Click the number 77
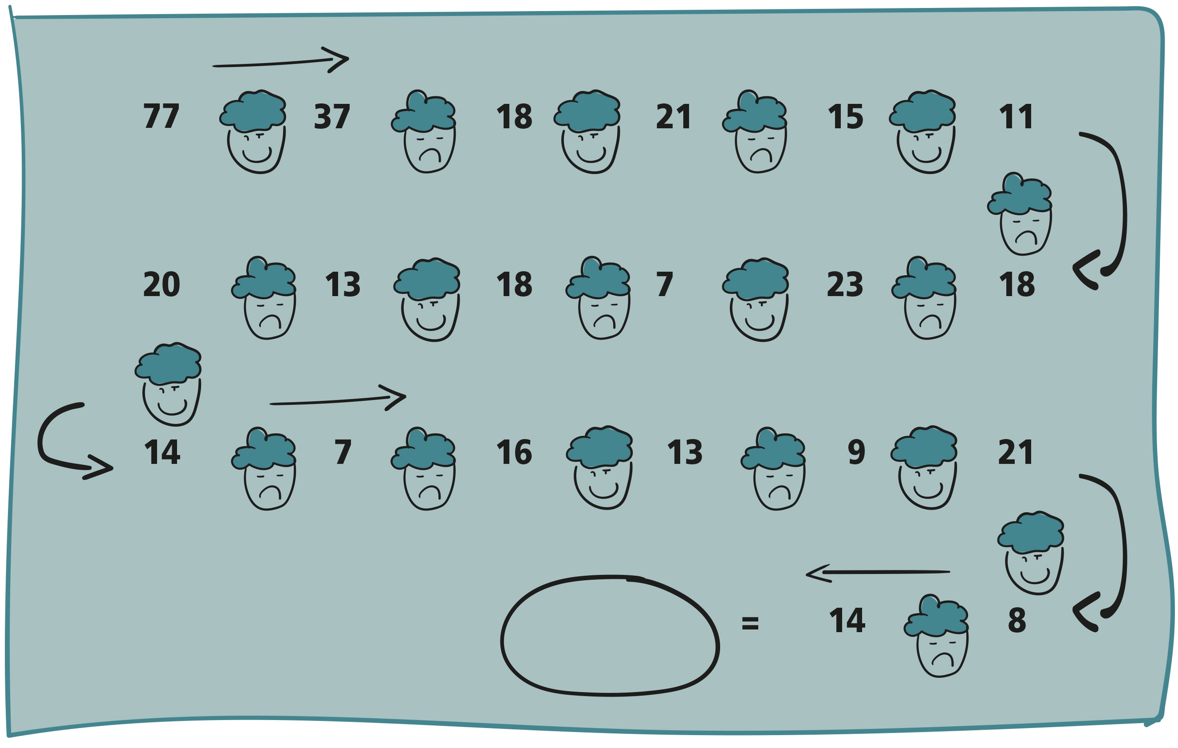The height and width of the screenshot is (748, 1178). [162, 116]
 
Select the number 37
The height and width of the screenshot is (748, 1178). [332, 116]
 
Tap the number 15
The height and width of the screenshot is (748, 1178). [845, 116]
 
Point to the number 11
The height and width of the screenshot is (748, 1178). [1016, 116]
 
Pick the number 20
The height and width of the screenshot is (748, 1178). [162, 284]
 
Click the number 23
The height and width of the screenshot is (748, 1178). [845, 284]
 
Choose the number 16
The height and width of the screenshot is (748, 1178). [514, 452]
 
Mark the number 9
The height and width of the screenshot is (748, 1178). [857, 452]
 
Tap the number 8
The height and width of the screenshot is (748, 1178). [1017, 620]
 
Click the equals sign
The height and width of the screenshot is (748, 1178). [750, 623]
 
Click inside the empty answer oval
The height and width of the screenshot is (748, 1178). [610, 635]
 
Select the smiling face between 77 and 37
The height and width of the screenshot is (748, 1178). [253, 131]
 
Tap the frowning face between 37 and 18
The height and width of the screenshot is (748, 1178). [424, 131]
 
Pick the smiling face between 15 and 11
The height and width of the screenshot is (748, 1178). [922, 131]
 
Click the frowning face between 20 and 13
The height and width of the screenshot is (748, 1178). [264, 297]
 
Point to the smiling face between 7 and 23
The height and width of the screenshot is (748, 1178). [756, 299]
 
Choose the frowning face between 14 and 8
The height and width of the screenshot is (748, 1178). [936, 635]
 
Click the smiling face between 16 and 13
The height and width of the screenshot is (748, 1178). [600, 467]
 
